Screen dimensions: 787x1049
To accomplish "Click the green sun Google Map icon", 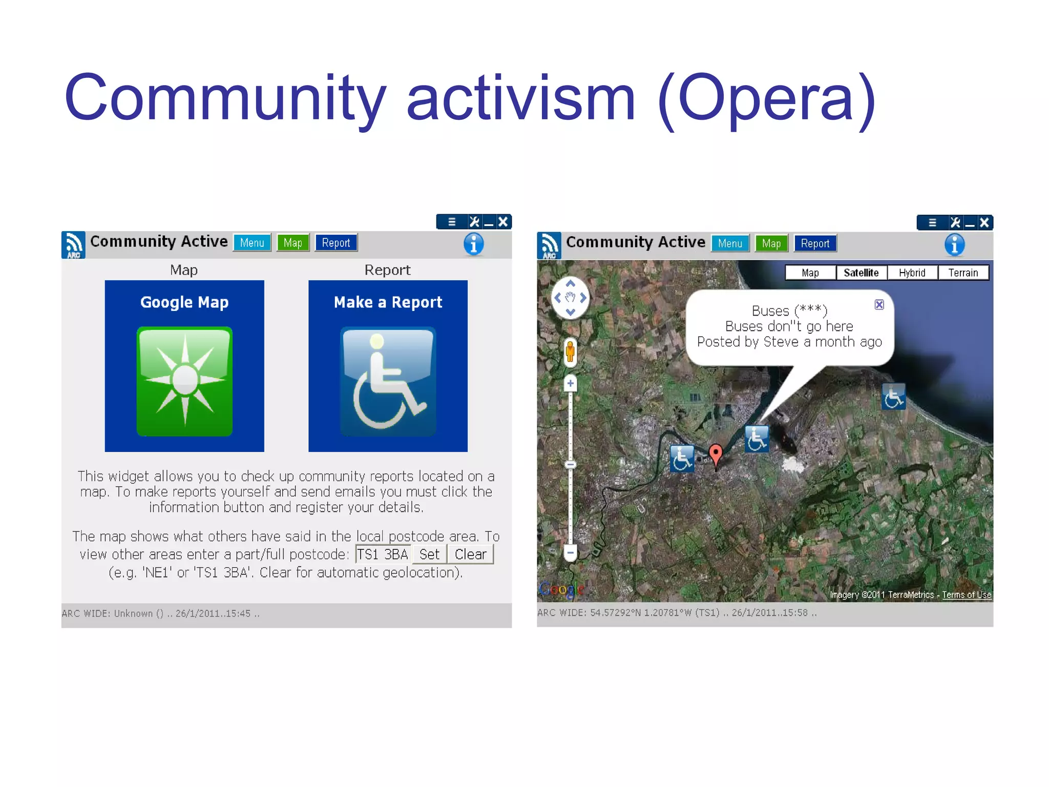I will (x=184, y=381).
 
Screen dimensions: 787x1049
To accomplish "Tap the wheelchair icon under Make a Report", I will (x=388, y=381).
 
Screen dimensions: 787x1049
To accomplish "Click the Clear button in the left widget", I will (x=470, y=554).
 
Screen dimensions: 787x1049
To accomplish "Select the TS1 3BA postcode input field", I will (x=383, y=554).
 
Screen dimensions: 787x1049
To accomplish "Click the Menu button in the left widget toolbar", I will (x=252, y=243).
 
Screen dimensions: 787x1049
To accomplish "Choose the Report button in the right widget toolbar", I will (x=814, y=244).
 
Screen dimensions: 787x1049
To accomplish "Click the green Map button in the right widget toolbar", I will (x=771, y=244).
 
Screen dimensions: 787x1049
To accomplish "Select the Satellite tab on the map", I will (x=861, y=273).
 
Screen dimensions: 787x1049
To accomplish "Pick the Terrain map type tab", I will (x=962, y=273).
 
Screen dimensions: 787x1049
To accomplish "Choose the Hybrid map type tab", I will (x=912, y=273).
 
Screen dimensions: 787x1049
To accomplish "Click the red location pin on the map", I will (x=716, y=453).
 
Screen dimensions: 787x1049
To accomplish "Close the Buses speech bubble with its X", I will (x=879, y=305).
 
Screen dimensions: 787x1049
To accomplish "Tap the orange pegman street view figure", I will (x=570, y=352).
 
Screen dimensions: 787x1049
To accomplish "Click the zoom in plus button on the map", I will (x=570, y=383).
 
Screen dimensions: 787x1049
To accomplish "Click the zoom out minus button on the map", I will (x=570, y=552).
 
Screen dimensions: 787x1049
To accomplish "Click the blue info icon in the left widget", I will (x=473, y=244).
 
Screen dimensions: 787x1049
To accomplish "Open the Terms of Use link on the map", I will (x=966, y=595).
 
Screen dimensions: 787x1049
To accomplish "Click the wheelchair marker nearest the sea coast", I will (x=893, y=397).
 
